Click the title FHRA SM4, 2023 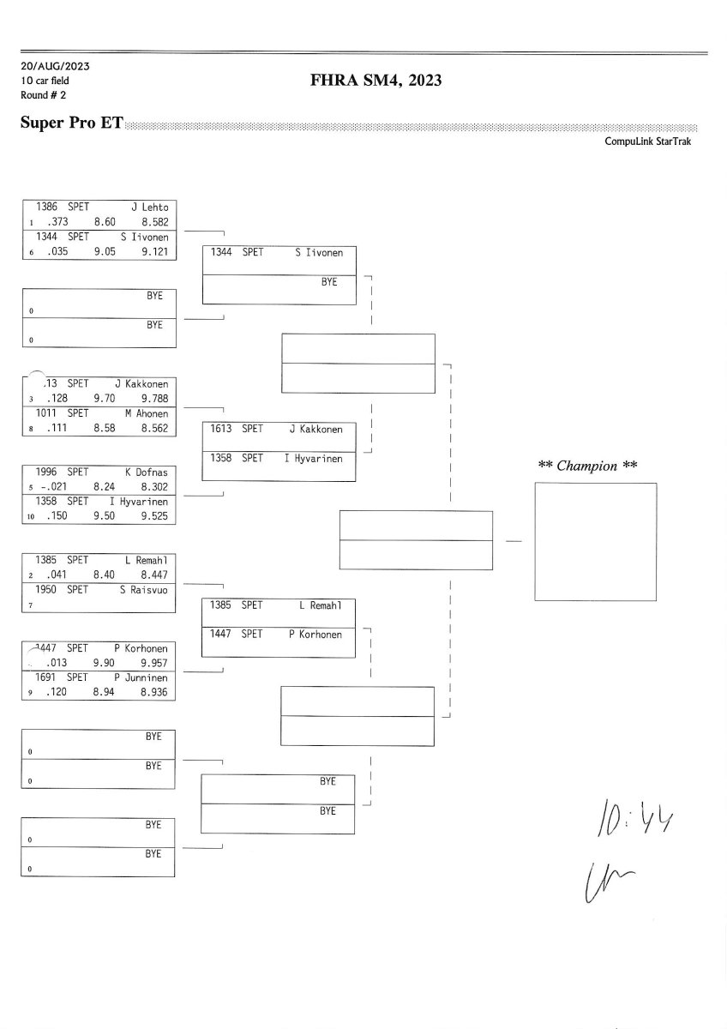click(377, 81)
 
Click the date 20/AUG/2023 click(56, 66)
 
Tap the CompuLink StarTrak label click(647, 141)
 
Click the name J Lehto click(150, 207)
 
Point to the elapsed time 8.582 click(155, 221)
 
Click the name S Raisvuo click(144, 590)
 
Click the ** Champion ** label click(587, 466)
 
